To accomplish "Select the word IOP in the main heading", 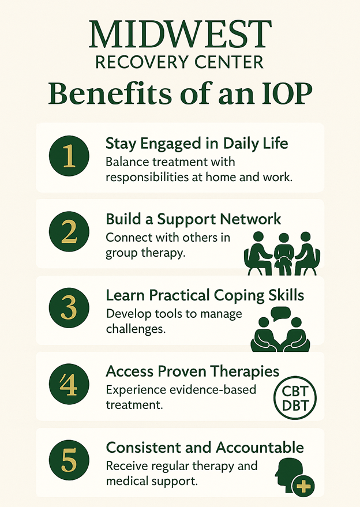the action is click(287, 93).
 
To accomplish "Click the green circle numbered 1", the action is click(69, 156).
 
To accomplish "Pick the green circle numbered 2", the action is click(69, 232).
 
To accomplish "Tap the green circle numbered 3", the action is click(69, 308).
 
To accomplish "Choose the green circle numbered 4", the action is click(69, 384).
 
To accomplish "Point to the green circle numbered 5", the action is click(69, 460).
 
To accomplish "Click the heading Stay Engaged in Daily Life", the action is click(197, 144).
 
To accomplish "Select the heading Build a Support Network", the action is click(193, 219).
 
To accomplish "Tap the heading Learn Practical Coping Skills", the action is click(205, 295).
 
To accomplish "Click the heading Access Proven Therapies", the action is click(193, 371).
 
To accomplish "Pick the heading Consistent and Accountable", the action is click(205, 448).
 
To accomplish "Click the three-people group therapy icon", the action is click(282, 254).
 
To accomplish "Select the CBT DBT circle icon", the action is click(295, 398).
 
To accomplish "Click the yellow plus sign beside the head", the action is click(303, 486).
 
